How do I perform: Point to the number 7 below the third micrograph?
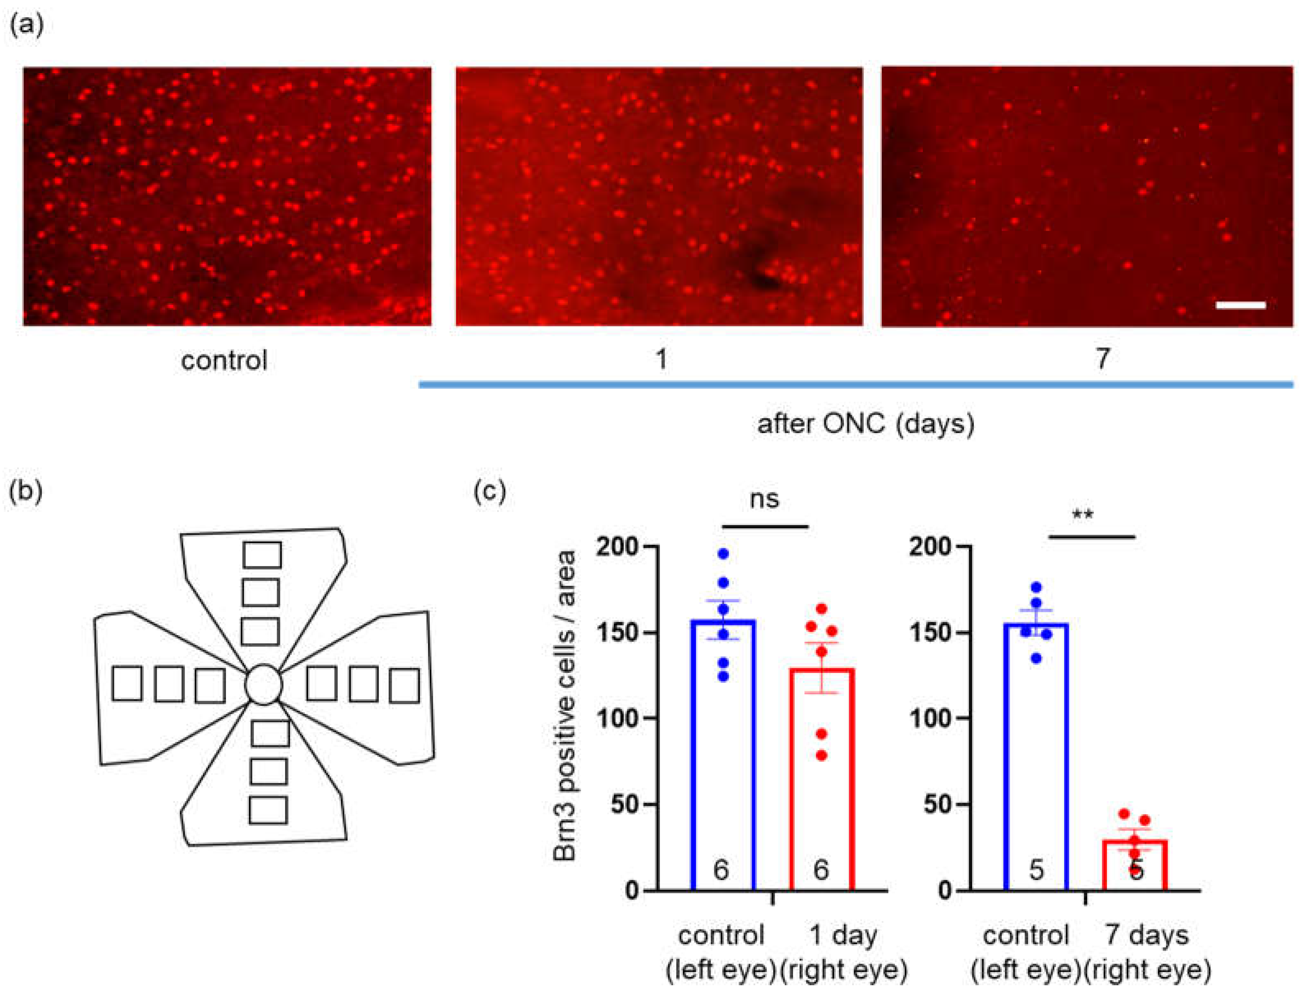tap(1102, 358)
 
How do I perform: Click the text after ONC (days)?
tap(865, 424)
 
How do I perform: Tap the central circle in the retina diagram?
tap(263, 684)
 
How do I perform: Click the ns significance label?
tap(764, 499)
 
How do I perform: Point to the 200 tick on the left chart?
tap(618, 547)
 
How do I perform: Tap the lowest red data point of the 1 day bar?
tap(821, 756)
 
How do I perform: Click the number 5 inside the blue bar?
tap(1035, 870)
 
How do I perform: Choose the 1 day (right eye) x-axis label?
tap(843, 952)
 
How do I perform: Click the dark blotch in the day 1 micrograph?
tap(763, 272)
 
